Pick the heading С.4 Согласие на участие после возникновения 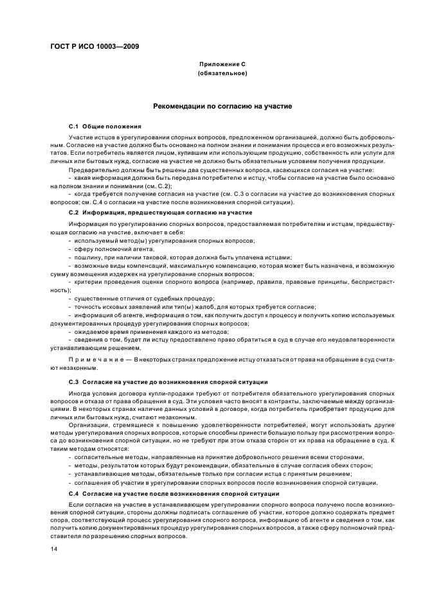coord(174,493)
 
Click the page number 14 coord(55,550)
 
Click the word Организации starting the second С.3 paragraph coord(87,424)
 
